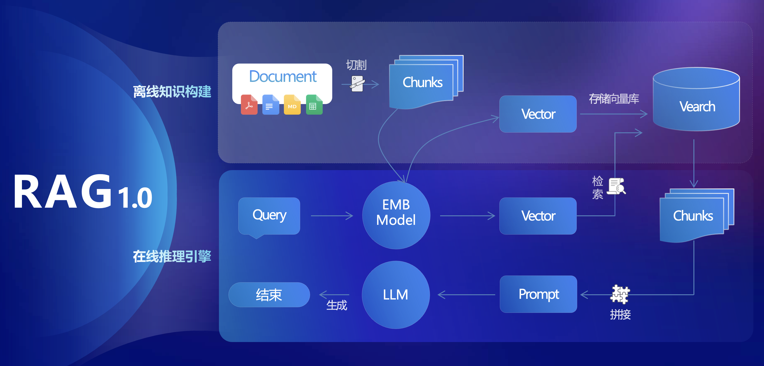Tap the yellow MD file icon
pyautogui.click(x=292, y=105)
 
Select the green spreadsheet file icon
pyautogui.click(x=314, y=105)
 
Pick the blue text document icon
pyautogui.click(x=270, y=105)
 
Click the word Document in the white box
pyautogui.click(x=283, y=76)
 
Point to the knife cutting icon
pyautogui.click(x=357, y=84)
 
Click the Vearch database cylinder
pyautogui.click(x=696, y=99)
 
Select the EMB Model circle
pyautogui.click(x=396, y=215)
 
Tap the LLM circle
pyautogui.click(x=396, y=295)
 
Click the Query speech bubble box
pyautogui.click(x=269, y=216)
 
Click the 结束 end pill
pyautogui.click(x=269, y=295)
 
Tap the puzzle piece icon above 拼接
pyautogui.click(x=620, y=294)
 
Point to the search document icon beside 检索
pyautogui.click(x=617, y=186)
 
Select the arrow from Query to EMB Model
pyautogui.click(x=332, y=216)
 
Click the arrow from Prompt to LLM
pyautogui.click(x=466, y=295)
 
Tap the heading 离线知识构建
pyautogui.click(x=172, y=91)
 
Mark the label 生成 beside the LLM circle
pyautogui.click(x=337, y=305)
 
